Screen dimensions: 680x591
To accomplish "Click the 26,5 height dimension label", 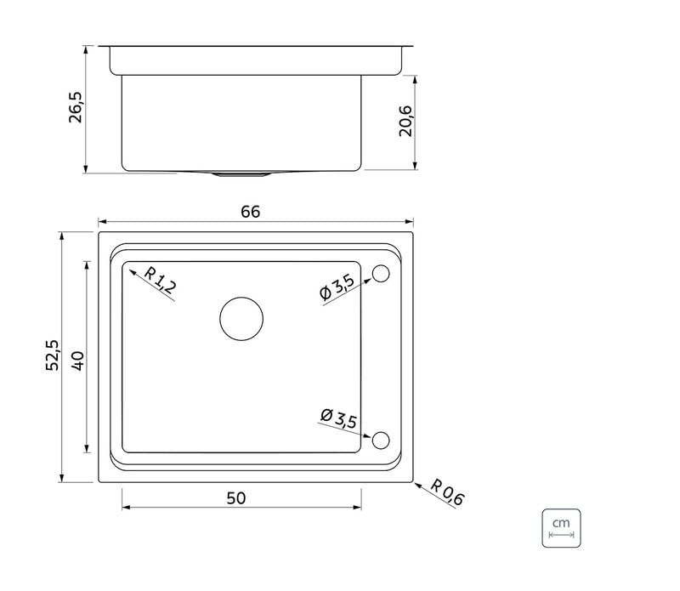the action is [75, 107].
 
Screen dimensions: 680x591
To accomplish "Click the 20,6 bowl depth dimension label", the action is [405, 121].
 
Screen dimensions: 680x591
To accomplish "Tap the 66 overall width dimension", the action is [250, 212].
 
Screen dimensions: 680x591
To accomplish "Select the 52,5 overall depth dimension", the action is [52, 355].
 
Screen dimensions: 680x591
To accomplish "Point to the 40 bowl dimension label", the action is [78, 361].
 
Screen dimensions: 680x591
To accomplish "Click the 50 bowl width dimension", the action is [236, 497].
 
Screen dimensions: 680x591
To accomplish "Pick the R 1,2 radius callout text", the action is [160, 281].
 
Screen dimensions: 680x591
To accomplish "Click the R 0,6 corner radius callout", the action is [448, 492].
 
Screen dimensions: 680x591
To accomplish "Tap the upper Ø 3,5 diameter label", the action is [337, 287].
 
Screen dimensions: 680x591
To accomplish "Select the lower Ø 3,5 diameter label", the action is [338, 418].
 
